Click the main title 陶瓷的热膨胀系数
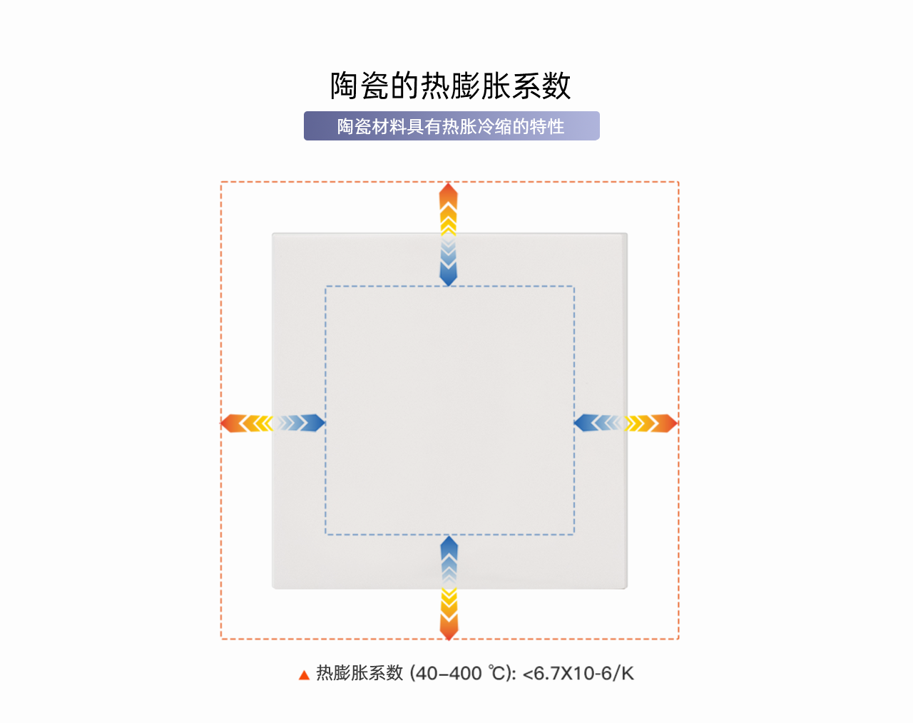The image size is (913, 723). click(451, 86)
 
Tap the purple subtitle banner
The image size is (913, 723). click(452, 126)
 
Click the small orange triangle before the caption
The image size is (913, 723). click(304, 675)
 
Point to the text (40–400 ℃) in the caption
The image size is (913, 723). click(462, 673)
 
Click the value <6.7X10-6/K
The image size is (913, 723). click(578, 673)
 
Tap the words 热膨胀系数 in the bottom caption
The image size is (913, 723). click(359, 673)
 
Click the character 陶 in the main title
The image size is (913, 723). click(345, 86)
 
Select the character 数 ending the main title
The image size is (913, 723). click(556, 86)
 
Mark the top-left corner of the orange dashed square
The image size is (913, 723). click(221, 183)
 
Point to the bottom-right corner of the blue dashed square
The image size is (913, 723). click(574, 534)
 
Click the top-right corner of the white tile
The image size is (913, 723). click(627, 233)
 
